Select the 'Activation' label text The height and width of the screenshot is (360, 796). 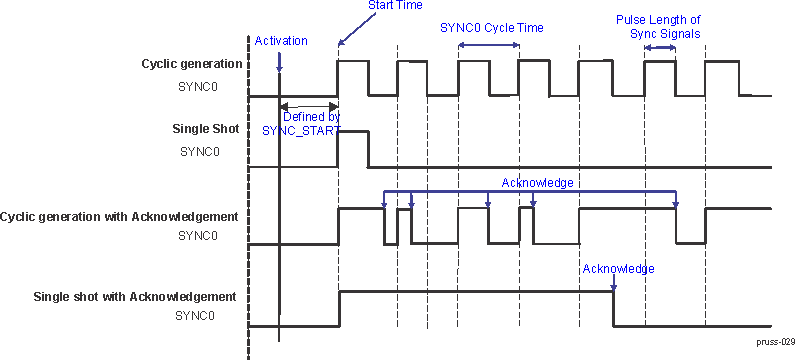point(281,40)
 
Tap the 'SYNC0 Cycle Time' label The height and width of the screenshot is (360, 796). point(491,28)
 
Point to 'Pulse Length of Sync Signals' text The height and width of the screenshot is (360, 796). point(657,27)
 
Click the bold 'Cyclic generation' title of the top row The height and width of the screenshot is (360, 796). point(191,64)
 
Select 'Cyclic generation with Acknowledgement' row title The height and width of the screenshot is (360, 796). point(119,216)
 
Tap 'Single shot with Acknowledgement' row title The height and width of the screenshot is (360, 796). point(134,296)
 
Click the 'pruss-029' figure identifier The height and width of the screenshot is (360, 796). point(775,341)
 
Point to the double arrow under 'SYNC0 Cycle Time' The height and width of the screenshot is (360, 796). point(488,45)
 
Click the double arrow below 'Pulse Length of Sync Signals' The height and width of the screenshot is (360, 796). point(659,47)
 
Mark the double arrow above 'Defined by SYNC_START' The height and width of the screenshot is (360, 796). point(308,106)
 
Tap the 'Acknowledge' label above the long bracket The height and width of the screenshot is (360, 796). point(537,183)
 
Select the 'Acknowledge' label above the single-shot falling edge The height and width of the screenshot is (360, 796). point(618,269)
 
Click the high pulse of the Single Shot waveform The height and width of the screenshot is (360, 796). point(353,131)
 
